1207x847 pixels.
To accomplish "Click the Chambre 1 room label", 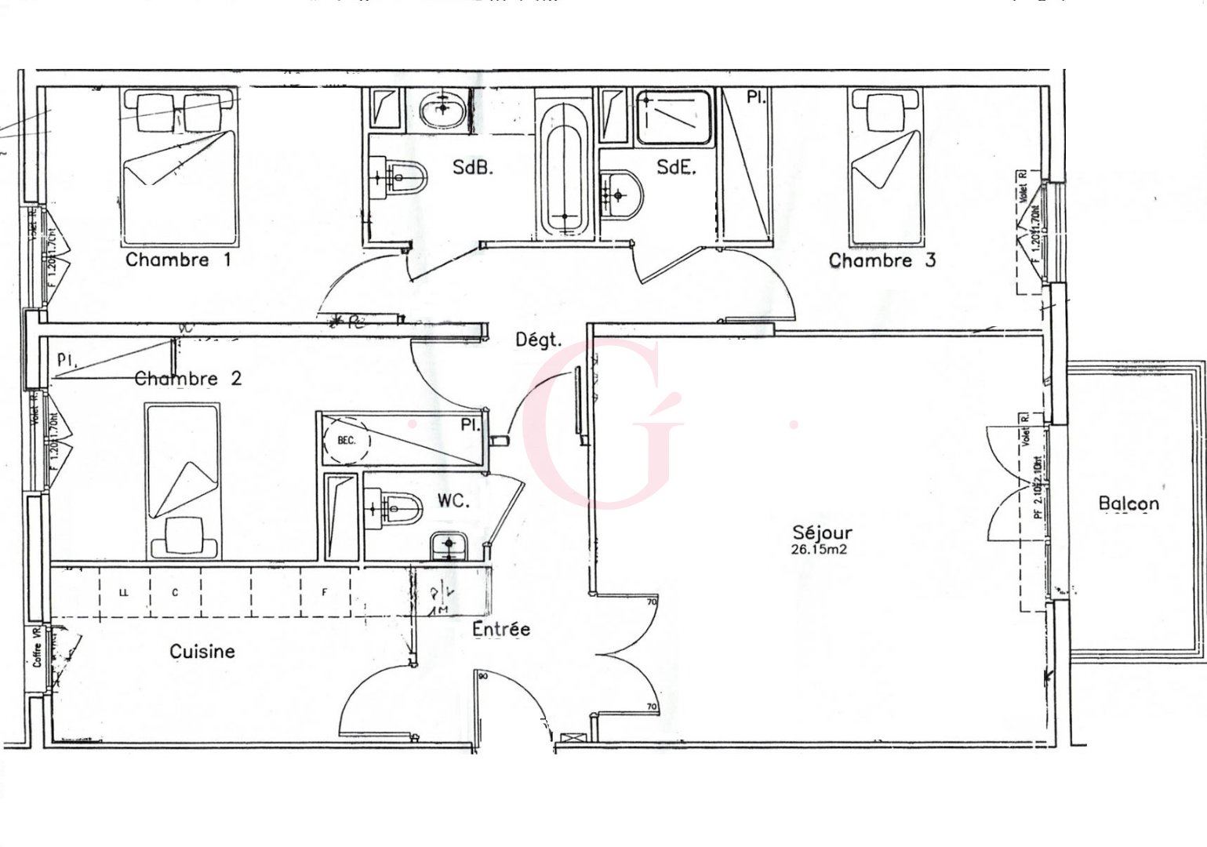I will point(178,260).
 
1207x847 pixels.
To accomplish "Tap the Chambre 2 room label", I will point(188,379).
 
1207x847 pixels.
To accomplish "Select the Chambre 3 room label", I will point(882,260).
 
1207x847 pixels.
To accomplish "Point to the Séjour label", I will point(821,533).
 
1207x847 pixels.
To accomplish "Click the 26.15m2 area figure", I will point(820,550).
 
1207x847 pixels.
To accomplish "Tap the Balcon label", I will point(1129,503).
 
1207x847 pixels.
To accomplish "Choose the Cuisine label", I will point(202,651).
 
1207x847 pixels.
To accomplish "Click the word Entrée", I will point(501,629).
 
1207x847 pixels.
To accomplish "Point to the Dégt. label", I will point(538,340).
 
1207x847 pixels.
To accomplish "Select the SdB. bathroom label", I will point(473,167).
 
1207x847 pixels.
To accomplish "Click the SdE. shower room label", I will point(676,167).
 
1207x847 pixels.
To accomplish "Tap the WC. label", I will point(453,500).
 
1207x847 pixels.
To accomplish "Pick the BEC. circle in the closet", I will point(346,441).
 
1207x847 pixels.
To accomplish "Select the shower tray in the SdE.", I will point(674,118).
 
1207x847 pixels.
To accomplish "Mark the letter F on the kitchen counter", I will point(324,593).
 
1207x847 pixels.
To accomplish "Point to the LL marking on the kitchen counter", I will point(123,593).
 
